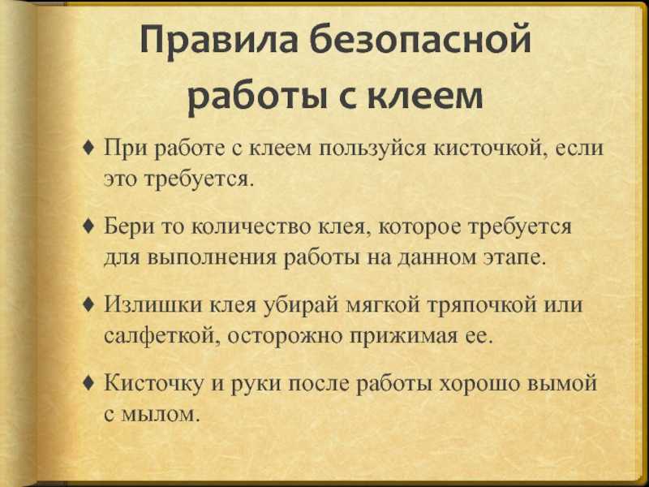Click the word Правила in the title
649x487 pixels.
pos(219,41)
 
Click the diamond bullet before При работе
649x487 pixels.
pos(89,147)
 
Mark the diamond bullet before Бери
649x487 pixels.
pos(89,226)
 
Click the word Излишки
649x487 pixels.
pos(154,304)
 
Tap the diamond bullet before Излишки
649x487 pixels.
pos(89,304)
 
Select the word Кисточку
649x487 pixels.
pos(153,383)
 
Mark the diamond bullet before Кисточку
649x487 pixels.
pos(89,383)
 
